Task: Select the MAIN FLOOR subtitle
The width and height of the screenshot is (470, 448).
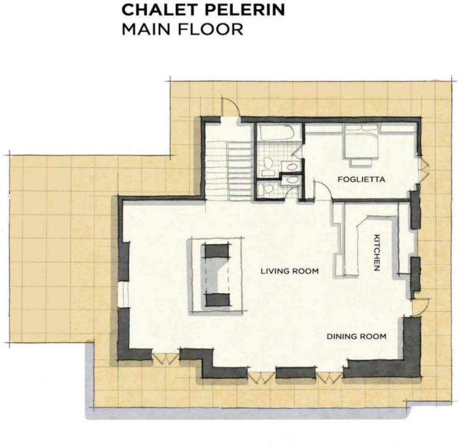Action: point(182,29)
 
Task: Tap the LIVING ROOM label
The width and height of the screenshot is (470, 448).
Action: point(290,271)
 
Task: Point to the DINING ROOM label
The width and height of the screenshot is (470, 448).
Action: point(356,336)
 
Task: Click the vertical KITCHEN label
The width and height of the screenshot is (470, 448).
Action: point(377,253)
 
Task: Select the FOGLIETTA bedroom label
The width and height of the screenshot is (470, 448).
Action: point(361,179)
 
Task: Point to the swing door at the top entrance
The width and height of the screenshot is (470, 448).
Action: point(230,107)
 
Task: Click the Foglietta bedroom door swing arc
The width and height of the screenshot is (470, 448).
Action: point(322,190)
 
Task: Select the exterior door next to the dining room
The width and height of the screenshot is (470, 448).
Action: point(421,307)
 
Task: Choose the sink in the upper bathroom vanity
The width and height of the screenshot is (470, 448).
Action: point(290,166)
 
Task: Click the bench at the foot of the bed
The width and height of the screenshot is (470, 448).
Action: point(361,162)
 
